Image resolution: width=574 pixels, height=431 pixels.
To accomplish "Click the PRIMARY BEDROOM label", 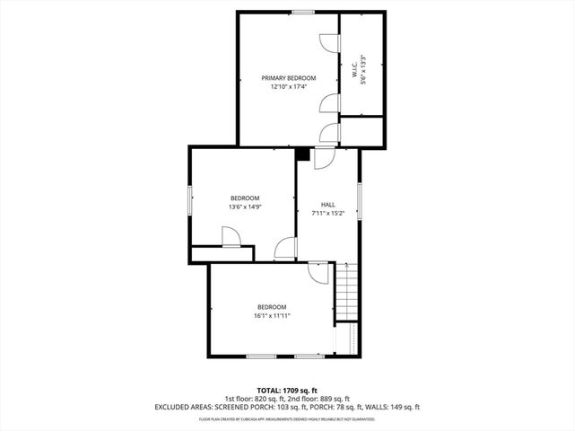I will coord(288,78).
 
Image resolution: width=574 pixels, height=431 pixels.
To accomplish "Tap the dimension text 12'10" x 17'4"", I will coord(288,87).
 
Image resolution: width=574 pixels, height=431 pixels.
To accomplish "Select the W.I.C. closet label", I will coord(355,69).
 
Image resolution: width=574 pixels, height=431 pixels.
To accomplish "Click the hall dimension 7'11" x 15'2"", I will coord(328,214).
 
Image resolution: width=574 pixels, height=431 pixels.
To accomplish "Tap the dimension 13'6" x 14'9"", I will coord(245,207).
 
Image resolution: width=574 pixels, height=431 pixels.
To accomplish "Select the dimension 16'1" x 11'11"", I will coord(271,315).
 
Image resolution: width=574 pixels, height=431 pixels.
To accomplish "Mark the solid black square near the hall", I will coord(303,154).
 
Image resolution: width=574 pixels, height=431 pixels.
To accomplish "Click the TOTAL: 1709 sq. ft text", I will coord(286,391).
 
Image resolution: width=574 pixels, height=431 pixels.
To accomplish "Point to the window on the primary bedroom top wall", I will coord(302,12).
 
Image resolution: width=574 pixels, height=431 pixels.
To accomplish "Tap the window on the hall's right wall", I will coord(359,199).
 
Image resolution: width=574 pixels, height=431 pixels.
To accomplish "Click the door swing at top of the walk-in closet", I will coord(328,42).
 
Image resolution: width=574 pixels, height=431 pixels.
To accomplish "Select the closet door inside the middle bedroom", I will coord(230,236).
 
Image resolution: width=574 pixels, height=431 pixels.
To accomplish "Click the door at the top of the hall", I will coord(324,157).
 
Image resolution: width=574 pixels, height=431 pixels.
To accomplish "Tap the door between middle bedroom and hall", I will coord(286,249).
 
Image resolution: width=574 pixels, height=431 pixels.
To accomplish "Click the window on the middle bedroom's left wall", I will coord(189,201).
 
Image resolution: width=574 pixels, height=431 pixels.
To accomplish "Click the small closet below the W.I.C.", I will coord(362,131).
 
